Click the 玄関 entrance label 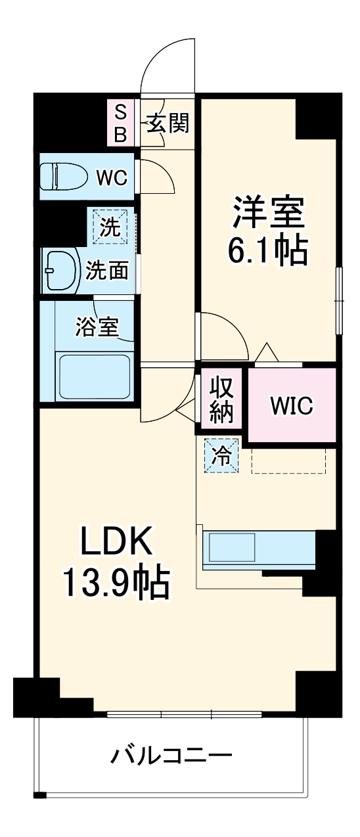tap(168, 123)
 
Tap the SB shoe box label tap(121, 123)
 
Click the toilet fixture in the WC tap(64, 177)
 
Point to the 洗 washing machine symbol tap(110, 226)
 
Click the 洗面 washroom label tap(107, 270)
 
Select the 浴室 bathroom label tap(97, 327)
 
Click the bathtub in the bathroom tap(95, 378)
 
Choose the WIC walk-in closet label tap(292, 405)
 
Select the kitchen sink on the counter tap(232, 547)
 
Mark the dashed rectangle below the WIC tap(289, 460)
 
